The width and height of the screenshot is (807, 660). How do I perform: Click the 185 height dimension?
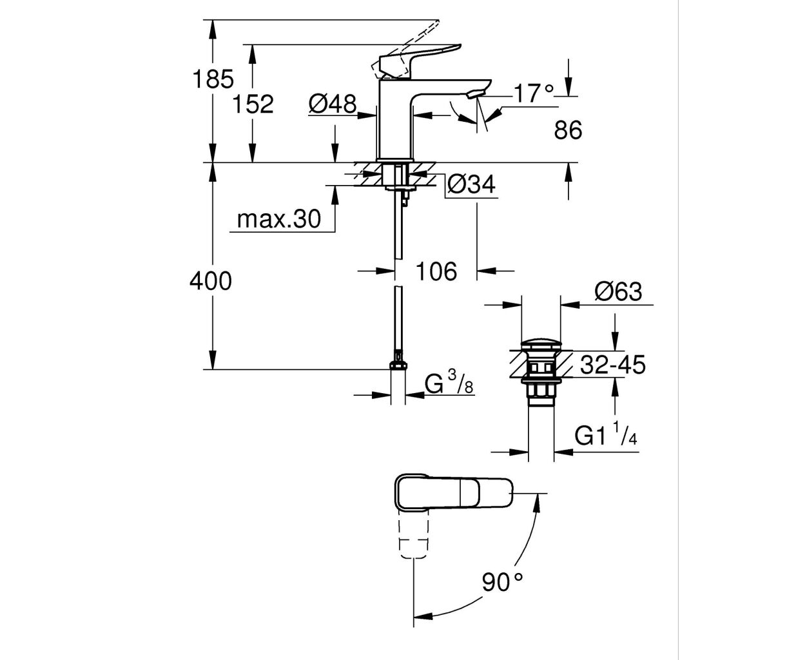point(213,79)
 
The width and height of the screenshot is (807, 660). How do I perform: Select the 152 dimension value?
point(253,104)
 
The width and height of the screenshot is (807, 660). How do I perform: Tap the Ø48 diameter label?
point(332,102)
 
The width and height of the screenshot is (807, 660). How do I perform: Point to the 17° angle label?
point(534,94)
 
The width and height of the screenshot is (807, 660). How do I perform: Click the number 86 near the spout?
point(568,131)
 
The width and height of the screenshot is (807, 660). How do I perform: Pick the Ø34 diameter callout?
point(471,185)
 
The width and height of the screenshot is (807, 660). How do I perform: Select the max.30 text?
point(278,219)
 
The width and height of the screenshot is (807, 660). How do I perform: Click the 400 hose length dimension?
point(210,280)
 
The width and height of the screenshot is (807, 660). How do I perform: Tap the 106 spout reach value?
point(436,271)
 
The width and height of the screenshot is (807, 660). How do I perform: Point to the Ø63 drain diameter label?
point(618,292)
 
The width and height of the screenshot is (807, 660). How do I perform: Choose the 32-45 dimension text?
point(612,365)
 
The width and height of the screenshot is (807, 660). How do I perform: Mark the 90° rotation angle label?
point(502,584)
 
